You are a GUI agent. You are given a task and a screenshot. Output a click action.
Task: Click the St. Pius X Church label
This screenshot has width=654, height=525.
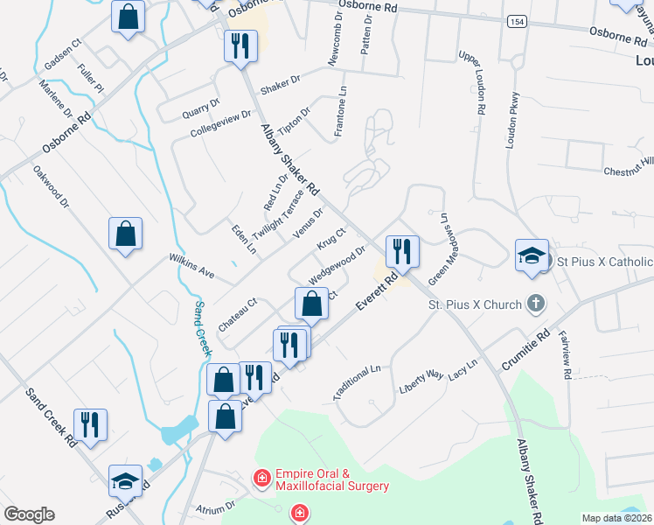472,305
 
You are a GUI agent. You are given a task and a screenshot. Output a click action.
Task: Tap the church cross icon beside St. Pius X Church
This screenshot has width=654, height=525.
535,304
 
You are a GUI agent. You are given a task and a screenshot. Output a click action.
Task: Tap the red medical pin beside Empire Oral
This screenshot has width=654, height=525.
261,478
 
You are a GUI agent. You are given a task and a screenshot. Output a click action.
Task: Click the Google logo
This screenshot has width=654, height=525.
29,514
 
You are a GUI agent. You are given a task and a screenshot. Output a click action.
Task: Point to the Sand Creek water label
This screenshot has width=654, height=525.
201,327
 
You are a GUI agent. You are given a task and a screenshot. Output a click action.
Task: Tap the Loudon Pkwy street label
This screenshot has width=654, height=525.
514,120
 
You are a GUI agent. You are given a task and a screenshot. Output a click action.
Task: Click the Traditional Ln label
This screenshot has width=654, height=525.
357,383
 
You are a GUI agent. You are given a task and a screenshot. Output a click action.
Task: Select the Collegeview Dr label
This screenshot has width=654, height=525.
220,122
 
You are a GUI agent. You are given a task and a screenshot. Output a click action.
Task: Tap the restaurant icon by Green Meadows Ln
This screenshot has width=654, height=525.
402,251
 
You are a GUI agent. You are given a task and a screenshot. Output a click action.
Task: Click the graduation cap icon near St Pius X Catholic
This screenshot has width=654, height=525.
532,255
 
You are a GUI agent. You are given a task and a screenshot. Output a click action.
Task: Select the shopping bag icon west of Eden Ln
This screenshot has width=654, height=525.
126,234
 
